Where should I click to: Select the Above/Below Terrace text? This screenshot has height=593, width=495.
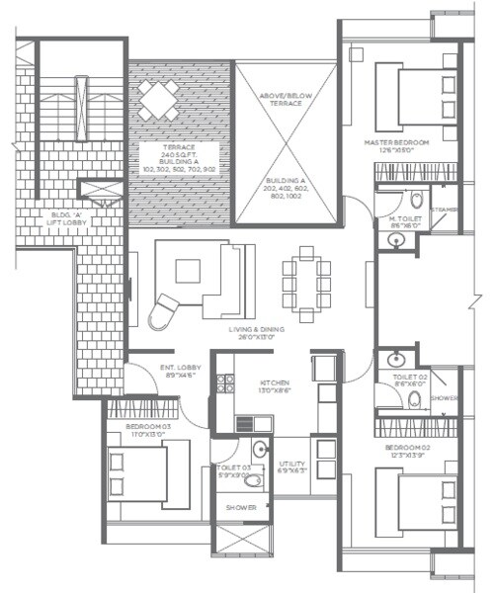pos(285,100)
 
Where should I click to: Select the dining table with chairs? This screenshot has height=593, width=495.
pos(302,277)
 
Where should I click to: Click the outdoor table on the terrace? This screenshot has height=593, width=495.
pos(159,99)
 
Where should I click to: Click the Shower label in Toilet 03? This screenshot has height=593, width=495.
pos(241,507)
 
